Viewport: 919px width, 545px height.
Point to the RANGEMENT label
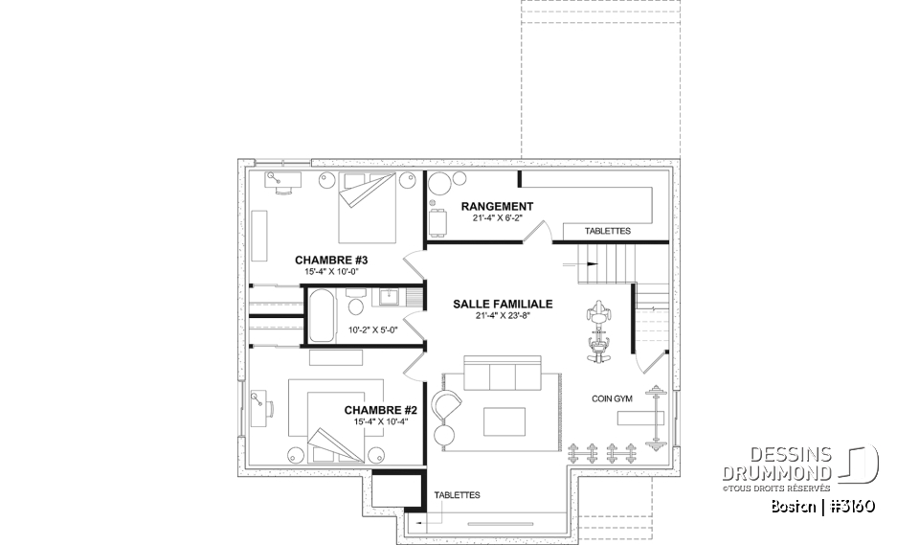pos(497,206)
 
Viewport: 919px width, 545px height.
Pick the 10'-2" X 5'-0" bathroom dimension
pos(372,329)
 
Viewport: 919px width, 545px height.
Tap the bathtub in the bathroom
pos(322,317)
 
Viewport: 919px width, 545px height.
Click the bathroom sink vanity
pos(390,298)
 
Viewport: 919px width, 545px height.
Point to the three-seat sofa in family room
pos(502,374)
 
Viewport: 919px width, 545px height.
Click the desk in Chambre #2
pos(265,409)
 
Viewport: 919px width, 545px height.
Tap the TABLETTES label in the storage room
pos(608,232)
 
